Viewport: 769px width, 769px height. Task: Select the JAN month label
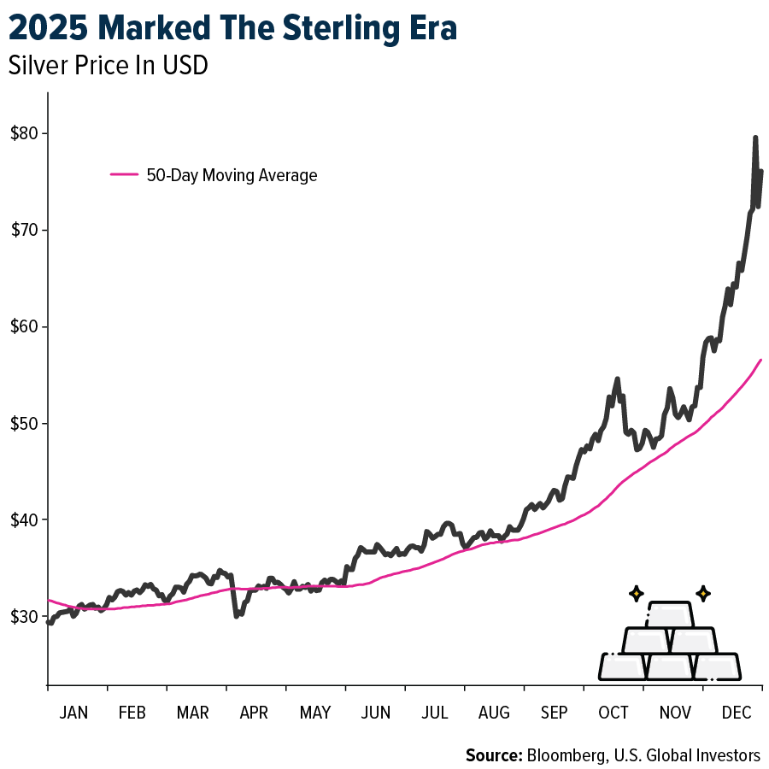73,713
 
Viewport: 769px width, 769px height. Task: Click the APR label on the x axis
254,713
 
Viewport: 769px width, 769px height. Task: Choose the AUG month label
494,713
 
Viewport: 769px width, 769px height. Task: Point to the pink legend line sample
125,174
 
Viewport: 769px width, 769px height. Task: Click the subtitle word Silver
32,66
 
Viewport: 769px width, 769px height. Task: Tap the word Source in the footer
492,755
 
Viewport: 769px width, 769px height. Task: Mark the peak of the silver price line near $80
755,138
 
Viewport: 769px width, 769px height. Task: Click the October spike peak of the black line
617,379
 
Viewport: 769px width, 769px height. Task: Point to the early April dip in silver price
236,614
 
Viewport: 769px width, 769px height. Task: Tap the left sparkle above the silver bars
635,593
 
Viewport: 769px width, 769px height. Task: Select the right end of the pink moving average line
760,360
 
